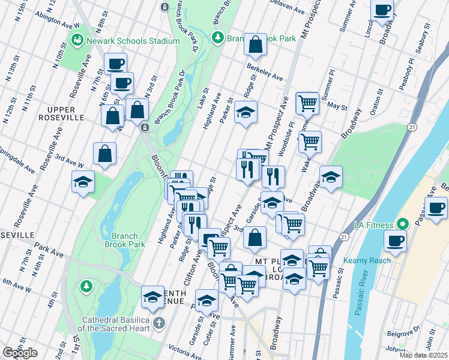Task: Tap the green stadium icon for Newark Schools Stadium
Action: pyautogui.click(x=77, y=40)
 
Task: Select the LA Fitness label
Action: pyautogui.click(x=370, y=224)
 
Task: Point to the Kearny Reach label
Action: pyautogui.click(x=367, y=260)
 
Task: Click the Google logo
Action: pyautogui.click(x=20, y=353)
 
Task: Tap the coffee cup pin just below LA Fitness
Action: pyautogui.click(x=395, y=241)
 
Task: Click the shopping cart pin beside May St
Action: pyautogui.click(x=307, y=103)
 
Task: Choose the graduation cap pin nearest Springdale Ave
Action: pyautogui.click(x=83, y=182)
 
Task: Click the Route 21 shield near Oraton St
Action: pyautogui.click(x=412, y=127)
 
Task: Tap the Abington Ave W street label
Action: pyautogui.click(x=57, y=20)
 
